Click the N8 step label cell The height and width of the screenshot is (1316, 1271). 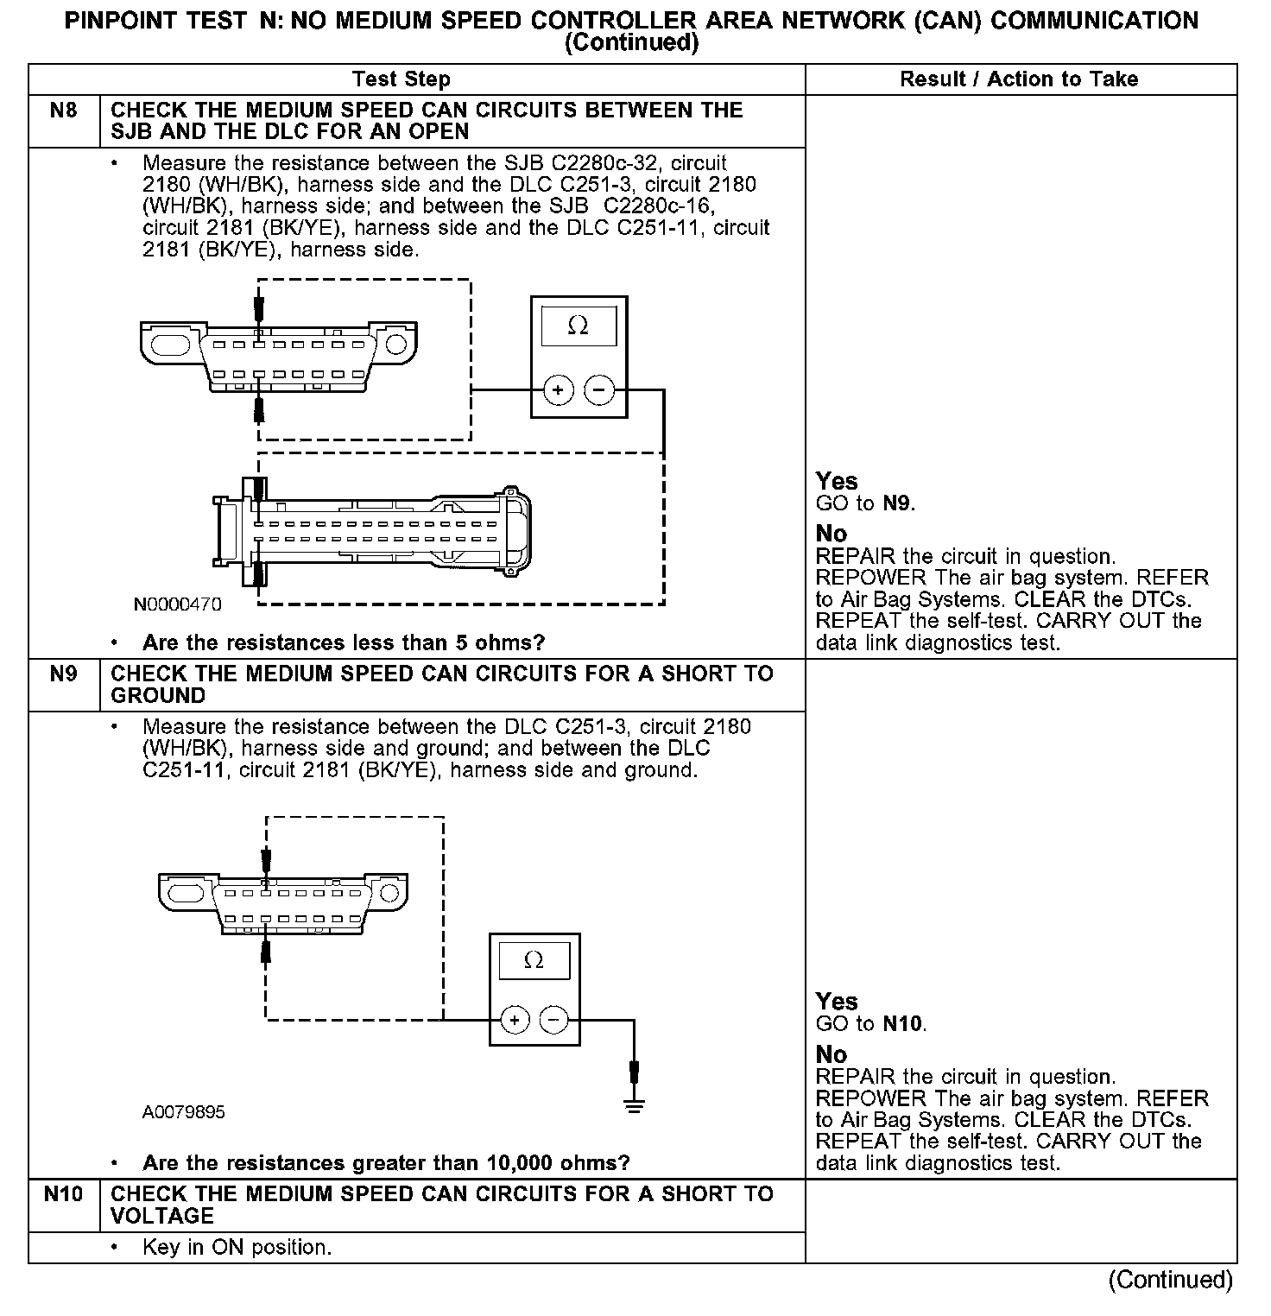(64, 111)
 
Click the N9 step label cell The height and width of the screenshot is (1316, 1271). (64, 674)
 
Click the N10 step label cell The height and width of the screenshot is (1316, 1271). (64, 1194)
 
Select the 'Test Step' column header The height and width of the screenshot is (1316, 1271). (402, 79)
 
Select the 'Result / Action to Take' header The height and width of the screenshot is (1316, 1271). (1019, 79)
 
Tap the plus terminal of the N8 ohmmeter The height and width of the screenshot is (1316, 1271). (559, 390)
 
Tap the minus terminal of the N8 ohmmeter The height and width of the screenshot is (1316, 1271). (599, 390)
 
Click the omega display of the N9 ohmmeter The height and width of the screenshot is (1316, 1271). (534, 960)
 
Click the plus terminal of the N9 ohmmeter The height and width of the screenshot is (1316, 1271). (515, 1020)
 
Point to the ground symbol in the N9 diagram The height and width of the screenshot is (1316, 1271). (635, 1106)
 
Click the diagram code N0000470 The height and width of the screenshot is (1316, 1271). (177, 604)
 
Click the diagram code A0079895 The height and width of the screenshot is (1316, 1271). (184, 1112)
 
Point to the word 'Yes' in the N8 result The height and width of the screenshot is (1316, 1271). (837, 482)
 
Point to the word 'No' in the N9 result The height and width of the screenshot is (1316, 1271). (832, 1054)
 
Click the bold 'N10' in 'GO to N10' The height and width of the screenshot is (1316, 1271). (903, 1025)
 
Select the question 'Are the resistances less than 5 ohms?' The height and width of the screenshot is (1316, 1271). (344, 643)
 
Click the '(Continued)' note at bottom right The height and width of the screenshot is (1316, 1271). (1171, 1279)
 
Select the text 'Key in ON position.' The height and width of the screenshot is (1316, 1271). (237, 1248)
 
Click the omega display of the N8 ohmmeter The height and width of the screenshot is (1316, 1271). (579, 326)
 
